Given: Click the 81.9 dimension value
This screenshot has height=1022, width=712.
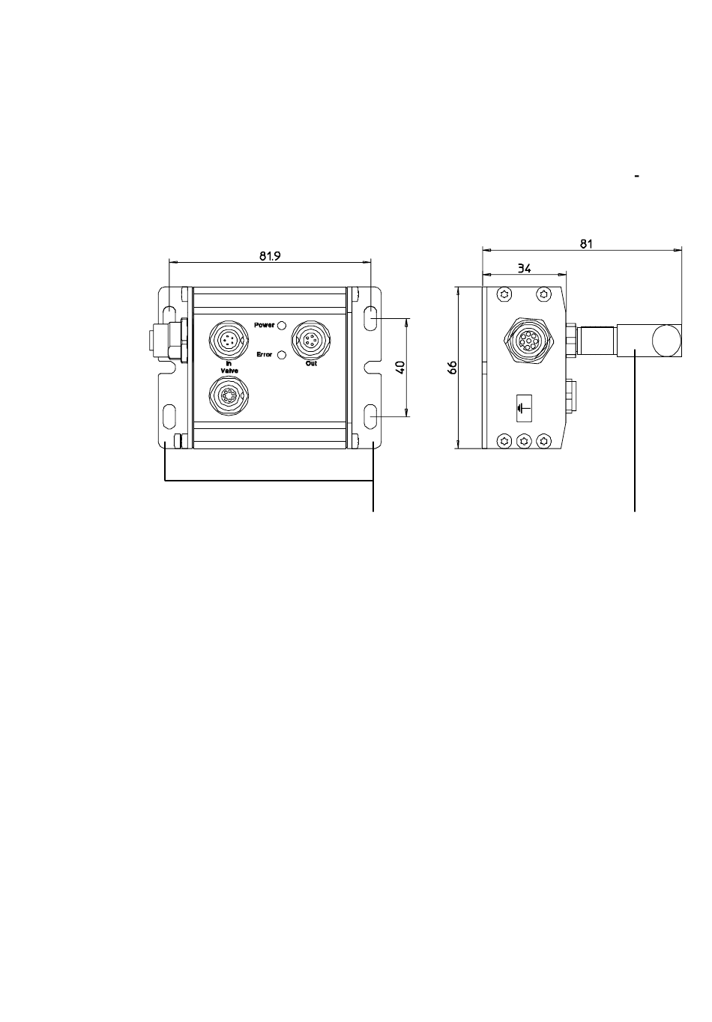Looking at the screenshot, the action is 270,255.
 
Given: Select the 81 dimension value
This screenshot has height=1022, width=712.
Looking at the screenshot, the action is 586,244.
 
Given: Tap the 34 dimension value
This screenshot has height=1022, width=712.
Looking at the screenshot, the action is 525,268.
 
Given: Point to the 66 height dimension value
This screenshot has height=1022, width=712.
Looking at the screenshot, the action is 452,368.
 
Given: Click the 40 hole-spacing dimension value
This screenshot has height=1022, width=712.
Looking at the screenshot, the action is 400,368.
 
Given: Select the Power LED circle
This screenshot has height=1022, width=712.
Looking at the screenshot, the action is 282,325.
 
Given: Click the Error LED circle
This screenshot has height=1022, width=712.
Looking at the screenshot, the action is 282,354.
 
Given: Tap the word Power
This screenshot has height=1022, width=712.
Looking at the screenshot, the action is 265,325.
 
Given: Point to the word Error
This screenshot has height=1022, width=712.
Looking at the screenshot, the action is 265,354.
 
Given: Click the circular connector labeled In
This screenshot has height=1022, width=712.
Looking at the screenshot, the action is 229,341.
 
